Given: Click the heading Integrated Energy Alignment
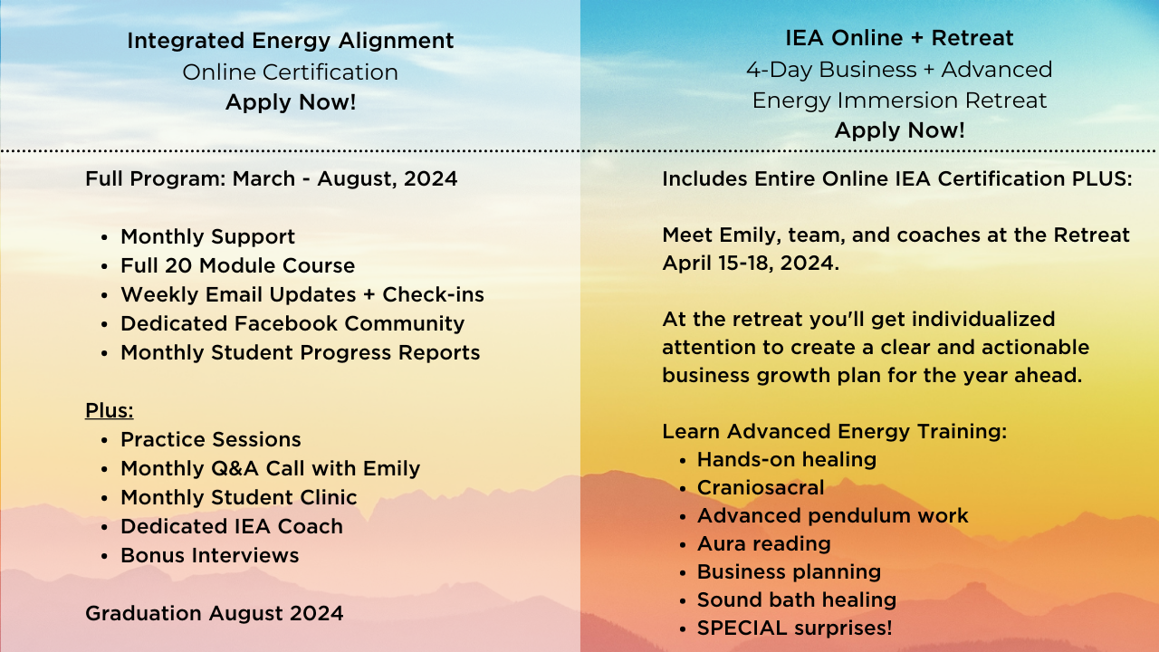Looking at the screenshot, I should click(x=290, y=41).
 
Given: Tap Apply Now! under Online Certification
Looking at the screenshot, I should click(x=290, y=102).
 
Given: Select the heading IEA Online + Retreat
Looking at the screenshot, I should click(x=899, y=38).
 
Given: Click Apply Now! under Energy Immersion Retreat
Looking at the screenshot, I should click(x=899, y=130).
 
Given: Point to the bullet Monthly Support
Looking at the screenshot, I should click(x=207, y=236).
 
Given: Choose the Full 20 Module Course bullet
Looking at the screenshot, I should click(x=237, y=265).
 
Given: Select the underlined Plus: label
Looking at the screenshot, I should click(x=109, y=410).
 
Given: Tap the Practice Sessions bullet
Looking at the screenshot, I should click(x=210, y=439).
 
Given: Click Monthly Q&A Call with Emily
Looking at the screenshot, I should click(x=270, y=468).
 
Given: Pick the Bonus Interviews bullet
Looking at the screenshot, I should click(x=209, y=555).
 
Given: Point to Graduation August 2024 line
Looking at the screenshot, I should click(x=214, y=613).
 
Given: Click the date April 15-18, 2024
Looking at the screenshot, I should click(x=749, y=264).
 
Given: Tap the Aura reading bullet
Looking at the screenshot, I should click(x=763, y=543).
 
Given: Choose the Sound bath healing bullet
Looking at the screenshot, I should click(x=796, y=599).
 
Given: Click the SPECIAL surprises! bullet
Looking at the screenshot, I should click(x=794, y=628).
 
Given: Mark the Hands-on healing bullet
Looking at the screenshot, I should click(x=786, y=459).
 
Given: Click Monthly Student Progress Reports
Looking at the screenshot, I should click(x=300, y=352).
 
